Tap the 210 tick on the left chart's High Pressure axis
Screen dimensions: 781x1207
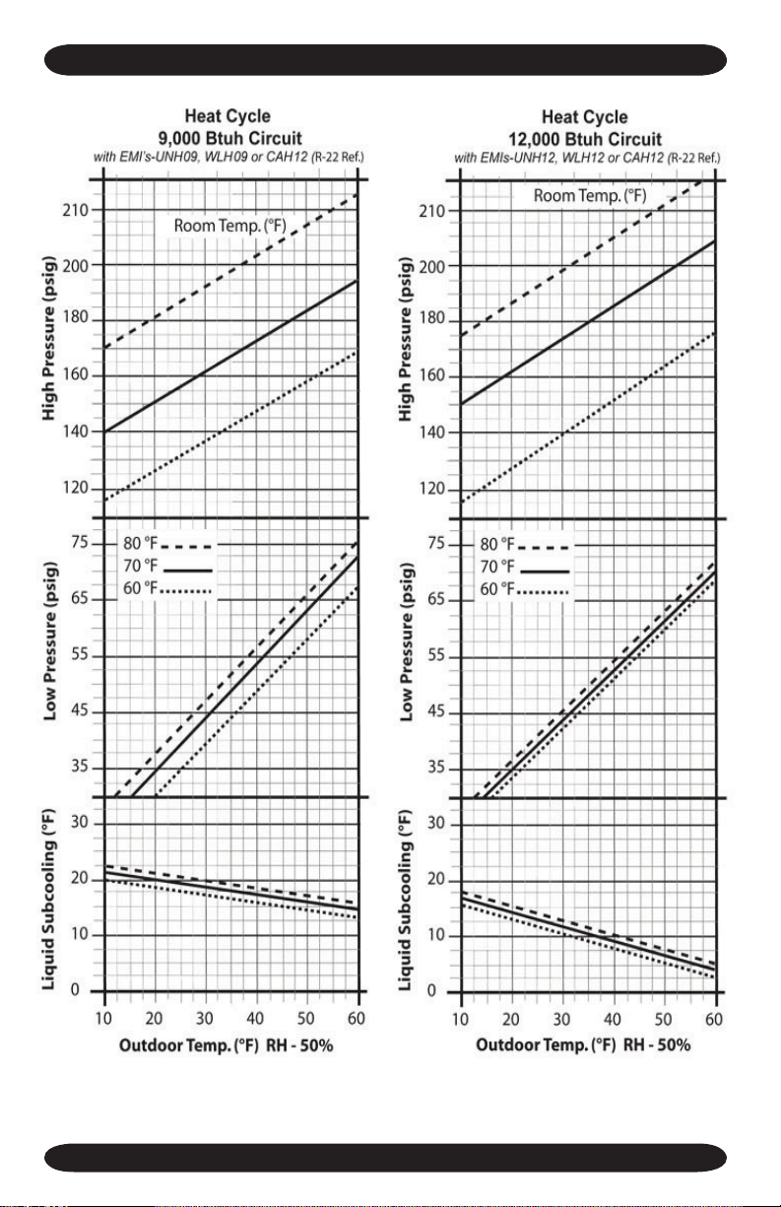click(x=76, y=210)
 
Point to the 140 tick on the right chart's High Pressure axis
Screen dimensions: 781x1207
click(x=432, y=433)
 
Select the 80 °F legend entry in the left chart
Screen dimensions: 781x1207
click(x=167, y=544)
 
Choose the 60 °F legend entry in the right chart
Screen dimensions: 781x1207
click(x=524, y=589)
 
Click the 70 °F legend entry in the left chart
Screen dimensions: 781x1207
click(x=167, y=567)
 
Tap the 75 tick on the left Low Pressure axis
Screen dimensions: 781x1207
click(x=80, y=542)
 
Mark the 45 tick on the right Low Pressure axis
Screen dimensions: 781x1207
click(x=437, y=711)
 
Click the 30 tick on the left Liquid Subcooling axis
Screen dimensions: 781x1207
click(x=80, y=823)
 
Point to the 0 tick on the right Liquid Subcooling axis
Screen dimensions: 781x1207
click(x=432, y=991)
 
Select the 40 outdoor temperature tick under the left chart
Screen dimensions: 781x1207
click(x=255, y=1019)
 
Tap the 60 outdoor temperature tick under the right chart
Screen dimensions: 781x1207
click(x=714, y=1020)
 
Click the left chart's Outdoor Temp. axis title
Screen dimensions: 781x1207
click(x=227, y=1045)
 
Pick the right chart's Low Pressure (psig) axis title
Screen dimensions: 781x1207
click(x=406, y=642)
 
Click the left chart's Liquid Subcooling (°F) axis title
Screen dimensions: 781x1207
click(x=49, y=900)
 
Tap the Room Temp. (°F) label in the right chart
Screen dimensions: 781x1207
click(x=590, y=196)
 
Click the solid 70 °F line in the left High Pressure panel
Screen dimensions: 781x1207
click(x=230, y=356)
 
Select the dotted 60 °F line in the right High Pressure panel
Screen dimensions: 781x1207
click(x=588, y=418)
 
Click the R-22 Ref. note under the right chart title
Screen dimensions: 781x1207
click(x=693, y=158)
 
